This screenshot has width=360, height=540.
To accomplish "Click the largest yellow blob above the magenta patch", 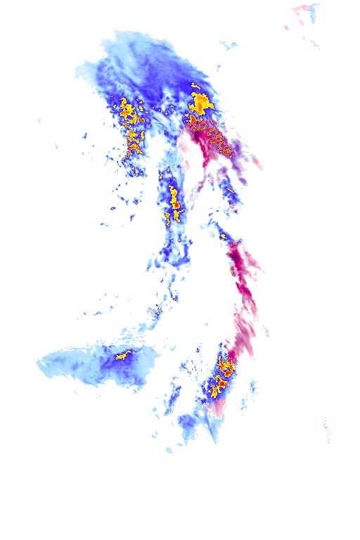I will pos(200,104).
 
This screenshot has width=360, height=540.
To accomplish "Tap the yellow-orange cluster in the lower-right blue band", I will pos(223,373).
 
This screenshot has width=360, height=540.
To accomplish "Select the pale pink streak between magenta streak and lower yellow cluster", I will pos(243,330).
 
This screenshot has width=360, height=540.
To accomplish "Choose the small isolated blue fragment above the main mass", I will pos(228,46).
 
